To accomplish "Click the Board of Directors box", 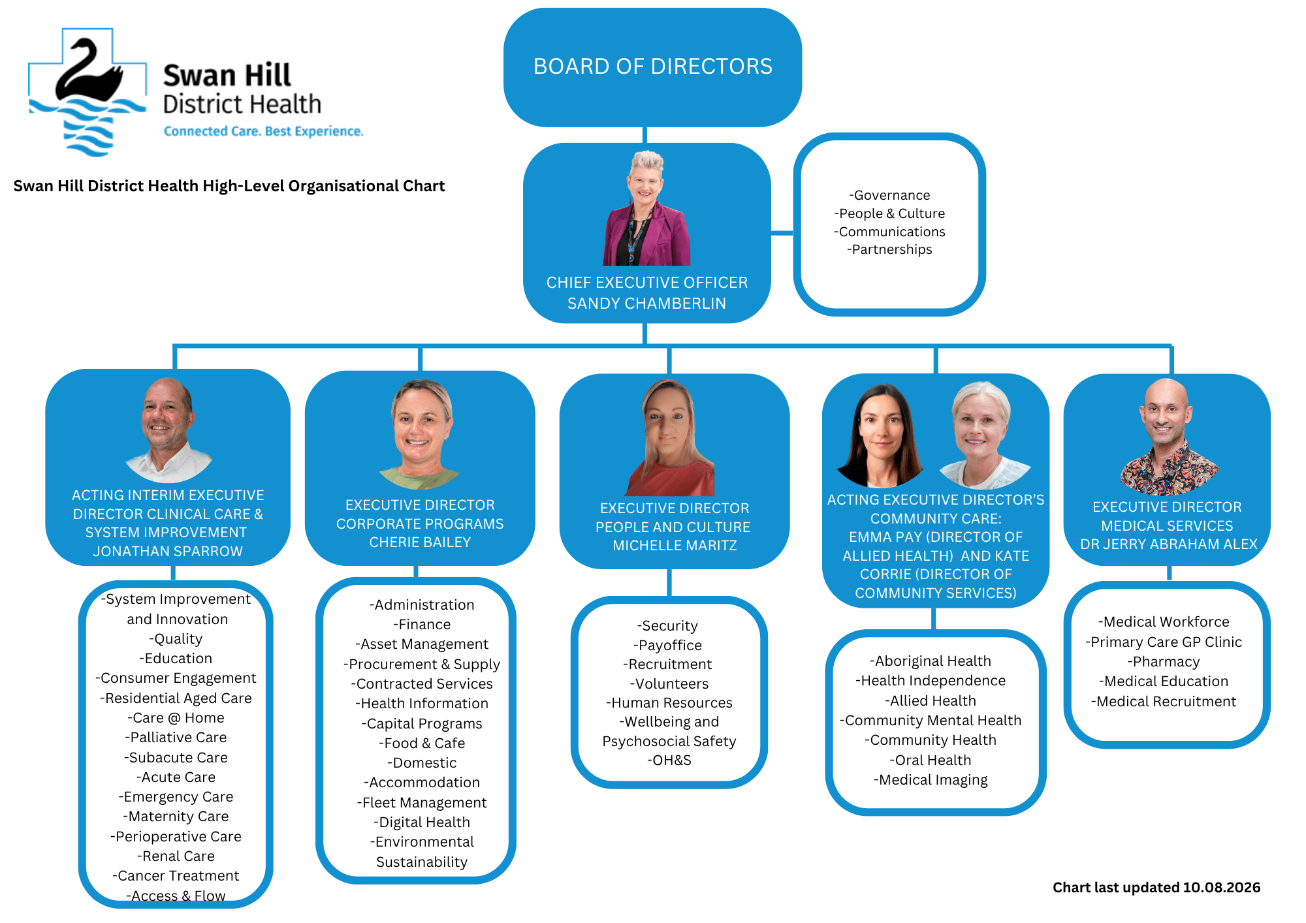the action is point(652,67).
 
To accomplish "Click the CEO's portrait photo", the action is point(646,208).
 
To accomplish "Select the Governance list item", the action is point(889,195).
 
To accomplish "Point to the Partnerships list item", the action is point(889,249).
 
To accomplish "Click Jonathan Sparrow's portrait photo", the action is point(168,430).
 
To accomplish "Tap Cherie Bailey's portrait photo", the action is point(420,435).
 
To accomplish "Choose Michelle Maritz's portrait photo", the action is point(670,438).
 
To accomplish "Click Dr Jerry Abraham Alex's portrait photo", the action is point(1168,437).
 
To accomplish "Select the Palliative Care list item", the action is point(176,738).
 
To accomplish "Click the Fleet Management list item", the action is point(422,803).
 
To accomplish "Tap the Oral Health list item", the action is point(931,760).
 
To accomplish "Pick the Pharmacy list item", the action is point(1164,662).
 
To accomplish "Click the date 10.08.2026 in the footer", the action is point(1222,888).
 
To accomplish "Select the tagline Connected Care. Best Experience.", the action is point(263,131).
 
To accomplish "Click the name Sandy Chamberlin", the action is point(646,304).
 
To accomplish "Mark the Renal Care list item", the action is point(176,856).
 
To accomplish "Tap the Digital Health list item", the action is point(422,822).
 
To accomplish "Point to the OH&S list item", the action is point(669,760).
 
